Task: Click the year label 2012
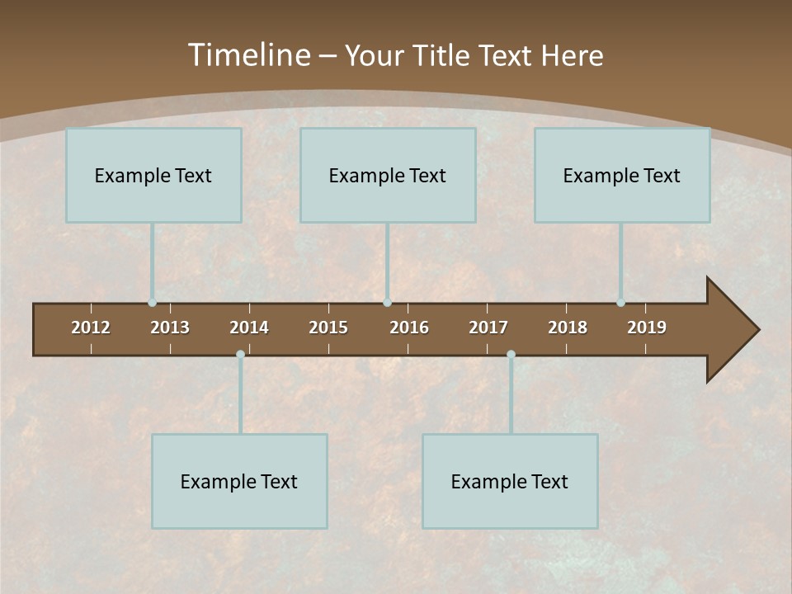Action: tap(91, 328)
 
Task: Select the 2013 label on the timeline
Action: tap(170, 328)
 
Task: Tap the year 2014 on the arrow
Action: tap(249, 328)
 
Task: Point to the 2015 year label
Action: tap(328, 328)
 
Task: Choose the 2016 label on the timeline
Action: tap(409, 328)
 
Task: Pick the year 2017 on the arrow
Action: tap(488, 328)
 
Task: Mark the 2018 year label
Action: tap(568, 328)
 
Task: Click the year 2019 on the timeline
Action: tap(647, 328)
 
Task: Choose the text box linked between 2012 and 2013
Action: tap(153, 175)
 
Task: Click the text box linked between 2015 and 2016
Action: tap(388, 175)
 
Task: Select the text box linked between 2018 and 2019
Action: tap(622, 175)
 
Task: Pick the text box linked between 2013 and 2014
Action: tap(239, 481)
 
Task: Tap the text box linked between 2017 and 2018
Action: tap(510, 481)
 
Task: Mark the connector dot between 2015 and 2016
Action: tap(387, 303)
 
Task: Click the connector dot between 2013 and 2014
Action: tap(240, 354)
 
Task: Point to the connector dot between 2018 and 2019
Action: tap(620, 303)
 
